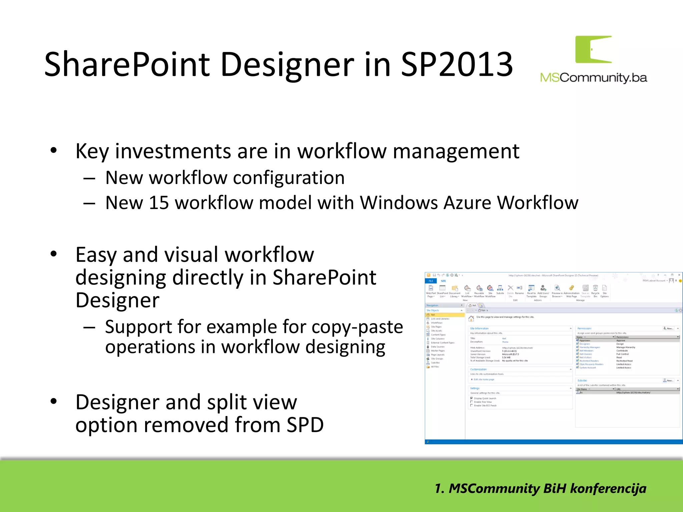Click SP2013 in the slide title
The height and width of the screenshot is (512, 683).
pos(456,65)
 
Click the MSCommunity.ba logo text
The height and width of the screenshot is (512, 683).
pos(593,78)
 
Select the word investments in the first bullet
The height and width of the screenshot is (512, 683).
pos(173,151)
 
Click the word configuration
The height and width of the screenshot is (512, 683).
pos(288,178)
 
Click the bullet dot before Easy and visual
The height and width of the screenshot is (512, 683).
pos(54,254)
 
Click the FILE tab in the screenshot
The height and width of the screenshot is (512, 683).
pos(431,281)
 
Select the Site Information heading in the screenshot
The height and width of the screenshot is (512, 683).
pos(479,328)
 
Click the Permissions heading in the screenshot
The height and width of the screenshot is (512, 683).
pos(584,328)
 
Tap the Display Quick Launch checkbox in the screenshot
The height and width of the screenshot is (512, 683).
pos(472,398)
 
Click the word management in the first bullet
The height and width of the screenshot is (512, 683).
pos(456,151)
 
